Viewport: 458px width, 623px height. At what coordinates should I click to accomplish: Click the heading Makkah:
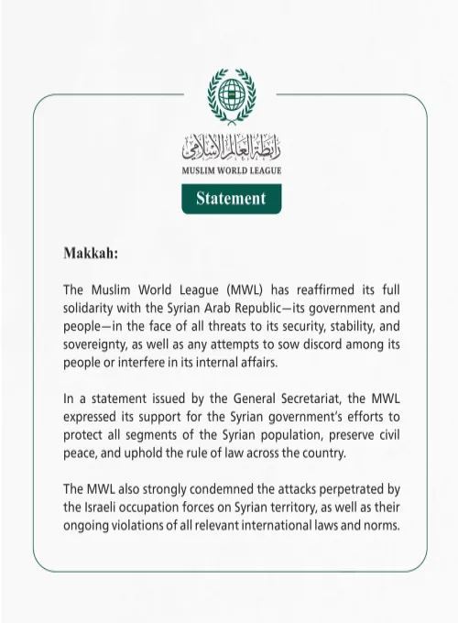coord(91,251)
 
